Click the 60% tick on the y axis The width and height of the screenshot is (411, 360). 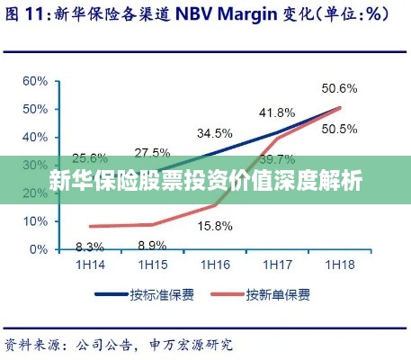tap(37, 81)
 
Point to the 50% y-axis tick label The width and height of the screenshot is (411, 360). tap(37, 109)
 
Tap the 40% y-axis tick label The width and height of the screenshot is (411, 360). tap(37, 137)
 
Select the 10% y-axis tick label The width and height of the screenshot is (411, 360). tap(37, 220)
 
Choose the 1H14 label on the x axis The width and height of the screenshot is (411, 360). tap(90, 265)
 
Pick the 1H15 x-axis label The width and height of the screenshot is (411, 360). tap(152, 265)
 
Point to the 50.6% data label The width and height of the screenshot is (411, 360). tap(340, 88)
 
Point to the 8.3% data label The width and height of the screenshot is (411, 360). tap(90, 246)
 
